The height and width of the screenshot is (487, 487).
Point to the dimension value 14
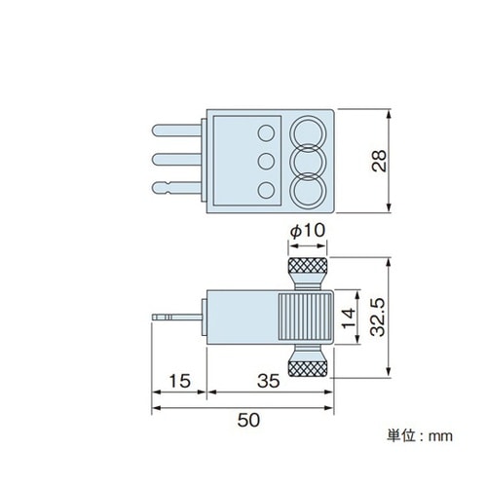(x=347, y=316)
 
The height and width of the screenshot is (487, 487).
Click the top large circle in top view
(x=309, y=132)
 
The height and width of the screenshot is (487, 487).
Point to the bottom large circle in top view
(x=309, y=188)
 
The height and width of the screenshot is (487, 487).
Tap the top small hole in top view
(x=264, y=131)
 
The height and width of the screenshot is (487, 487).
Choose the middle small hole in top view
(x=264, y=160)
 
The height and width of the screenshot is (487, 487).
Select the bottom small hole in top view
(x=264, y=188)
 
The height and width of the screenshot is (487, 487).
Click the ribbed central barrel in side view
(x=305, y=317)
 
